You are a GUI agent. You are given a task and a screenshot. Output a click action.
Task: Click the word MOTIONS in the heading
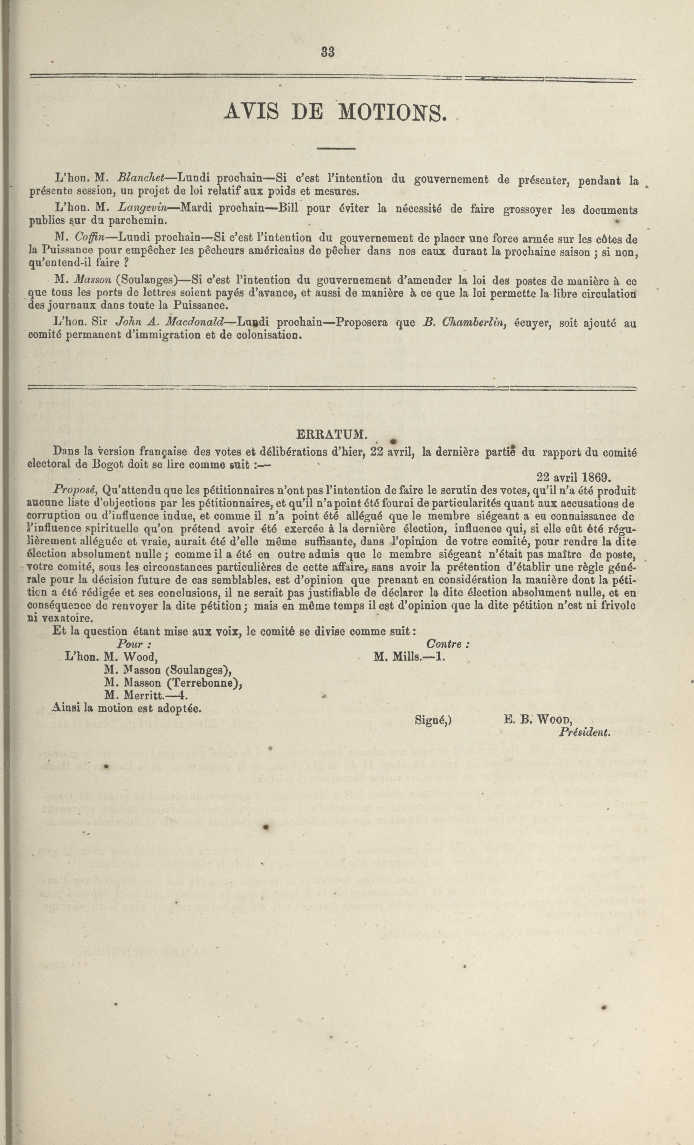(393, 112)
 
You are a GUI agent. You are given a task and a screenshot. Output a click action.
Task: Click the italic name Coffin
(90, 238)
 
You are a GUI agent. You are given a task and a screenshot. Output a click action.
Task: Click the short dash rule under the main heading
(336, 148)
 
